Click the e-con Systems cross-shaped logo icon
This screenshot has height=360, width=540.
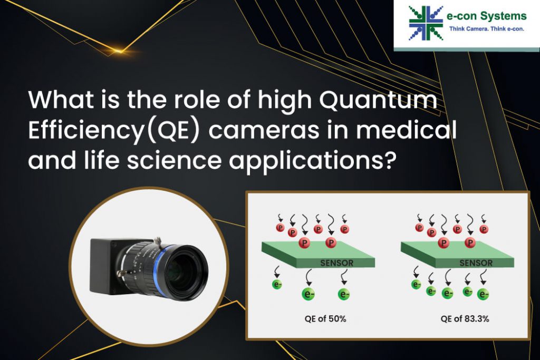pyautogui.click(x=426, y=23)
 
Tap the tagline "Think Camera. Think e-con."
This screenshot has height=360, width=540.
pyautogui.click(x=486, y=29)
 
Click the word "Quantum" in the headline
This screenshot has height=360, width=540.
pyautogui.click(x=378, y=100)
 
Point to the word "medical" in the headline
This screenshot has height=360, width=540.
pyautogui.click(x=406, y=130)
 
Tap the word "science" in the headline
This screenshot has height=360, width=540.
pyautogui.click(x=174, y=161)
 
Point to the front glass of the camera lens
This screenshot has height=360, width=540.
pyautogui.click(x=186, y=272)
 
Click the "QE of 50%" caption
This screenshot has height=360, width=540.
pyautogui.click(x=325, y=319)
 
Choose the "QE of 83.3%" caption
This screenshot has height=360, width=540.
pyautogui.click(x=465, y=319)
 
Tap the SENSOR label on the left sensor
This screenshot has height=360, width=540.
pyautogui.click(x=336, y=263)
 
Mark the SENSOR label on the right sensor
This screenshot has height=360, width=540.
pyautogui.click(x=476, y=263)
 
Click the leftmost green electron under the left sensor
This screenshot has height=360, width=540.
pyautogui.click(x=277, y=284)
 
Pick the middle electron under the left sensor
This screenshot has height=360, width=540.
pyautogui.click(x=308, y=294)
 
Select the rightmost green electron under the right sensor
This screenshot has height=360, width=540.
pyautogui.click(x=483, y=294)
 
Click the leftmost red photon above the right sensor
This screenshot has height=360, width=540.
pyautogui.click(x=419, y=228)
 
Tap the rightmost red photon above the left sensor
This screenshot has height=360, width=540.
pyautogui.click(x=344, y=229)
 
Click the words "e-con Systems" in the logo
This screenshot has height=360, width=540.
pyautogui.click(x=486, y=16)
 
